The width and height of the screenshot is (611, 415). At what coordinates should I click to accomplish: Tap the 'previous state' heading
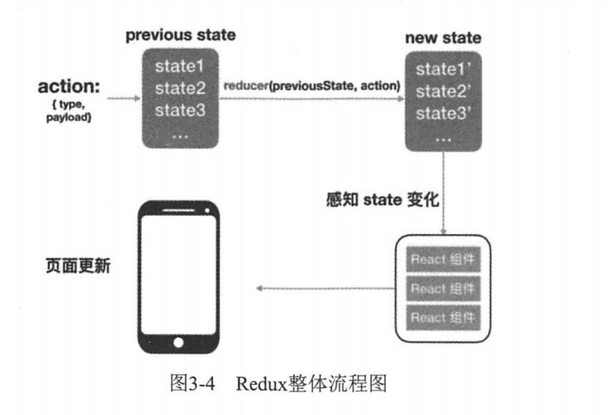(x=180, y=36)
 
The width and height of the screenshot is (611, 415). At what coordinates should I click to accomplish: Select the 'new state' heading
(x=443, y=38)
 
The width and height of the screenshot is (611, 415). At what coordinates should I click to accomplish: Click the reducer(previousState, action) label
(x=312, y=86)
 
